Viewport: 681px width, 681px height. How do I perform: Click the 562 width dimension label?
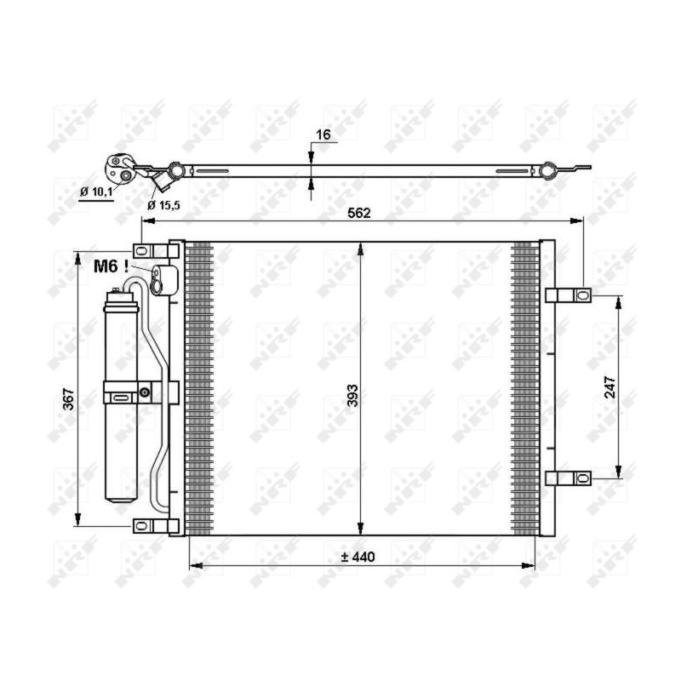pyautogui.click(x=359, y=213)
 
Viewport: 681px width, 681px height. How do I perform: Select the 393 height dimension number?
pyautogui.click(x=353, y=395)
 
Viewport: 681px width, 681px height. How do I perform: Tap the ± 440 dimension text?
pyautogui.click(x=358, y=557)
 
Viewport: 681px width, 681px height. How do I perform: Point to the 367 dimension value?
pyautogui.click(x=69, y=398)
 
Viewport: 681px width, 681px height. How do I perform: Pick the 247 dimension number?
pyautogui.click(x=610, y=387)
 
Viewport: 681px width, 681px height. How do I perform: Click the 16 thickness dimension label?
pyautogui.click(x=323, y=134)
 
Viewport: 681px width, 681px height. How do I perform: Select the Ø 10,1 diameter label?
pyautogui.click(x=96, y=191)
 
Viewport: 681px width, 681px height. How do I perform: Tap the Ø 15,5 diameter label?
pyautogui.click(x=163, y=205)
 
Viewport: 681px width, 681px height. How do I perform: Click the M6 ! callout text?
pyautogui.click(x=111, y=266)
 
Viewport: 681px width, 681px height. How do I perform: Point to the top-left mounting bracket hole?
pyautogui.click(x=141, y=250)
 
